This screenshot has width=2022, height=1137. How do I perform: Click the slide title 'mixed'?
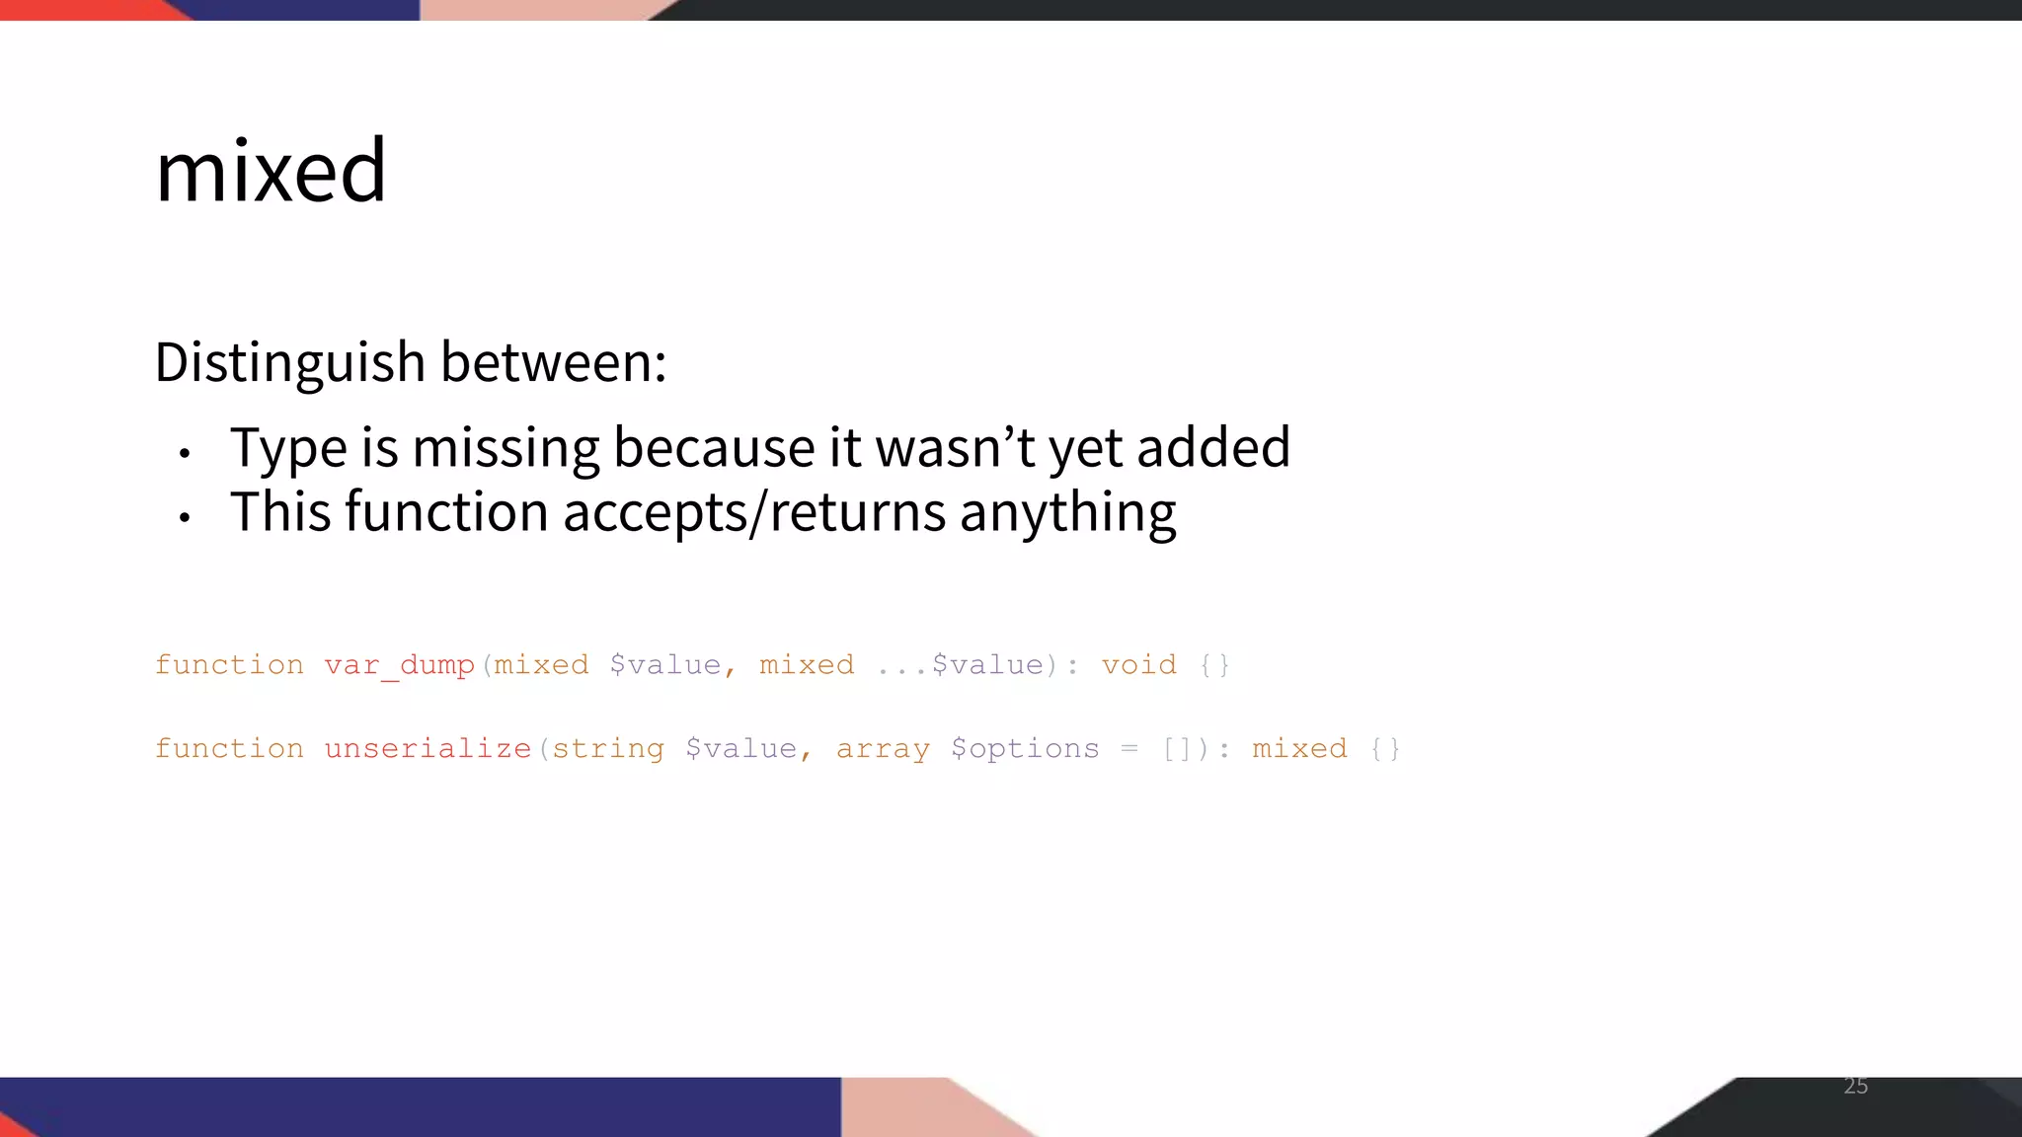[271, 172]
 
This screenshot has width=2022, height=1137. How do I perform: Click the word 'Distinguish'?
[289, 362]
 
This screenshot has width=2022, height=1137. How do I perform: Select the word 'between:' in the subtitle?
[553, 362]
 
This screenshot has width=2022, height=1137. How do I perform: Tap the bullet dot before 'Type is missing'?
[185, 453]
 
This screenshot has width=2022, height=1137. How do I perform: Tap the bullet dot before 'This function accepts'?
[185, 517]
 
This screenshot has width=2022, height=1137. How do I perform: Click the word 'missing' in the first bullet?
[505, 448]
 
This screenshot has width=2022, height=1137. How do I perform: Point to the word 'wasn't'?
[955, 448]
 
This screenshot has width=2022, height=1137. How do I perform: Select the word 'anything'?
[1067, 513]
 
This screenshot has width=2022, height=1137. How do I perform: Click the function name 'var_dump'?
[399, 665]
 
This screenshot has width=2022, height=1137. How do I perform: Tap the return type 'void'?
[1138, 665]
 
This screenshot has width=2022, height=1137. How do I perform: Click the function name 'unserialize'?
[428, 749]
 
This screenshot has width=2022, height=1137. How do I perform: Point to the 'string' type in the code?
[607, 749]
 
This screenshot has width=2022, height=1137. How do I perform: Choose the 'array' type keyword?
[883, 749]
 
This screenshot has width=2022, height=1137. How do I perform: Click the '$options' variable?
[1025, 749]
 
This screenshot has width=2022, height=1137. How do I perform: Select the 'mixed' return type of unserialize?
[1299, 749]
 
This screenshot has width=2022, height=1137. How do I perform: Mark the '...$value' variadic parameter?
[960, 665]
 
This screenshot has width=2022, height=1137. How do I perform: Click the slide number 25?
[1855, 1087]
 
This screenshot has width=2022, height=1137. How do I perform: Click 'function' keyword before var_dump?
[229, 665]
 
